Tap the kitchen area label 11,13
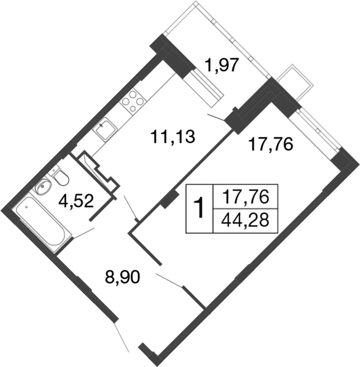[173, 135]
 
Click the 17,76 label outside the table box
[271, 145]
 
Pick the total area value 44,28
[246, 218]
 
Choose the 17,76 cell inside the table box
[246, 197]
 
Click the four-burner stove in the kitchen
[132, 102]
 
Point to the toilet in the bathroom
[61, 178]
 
